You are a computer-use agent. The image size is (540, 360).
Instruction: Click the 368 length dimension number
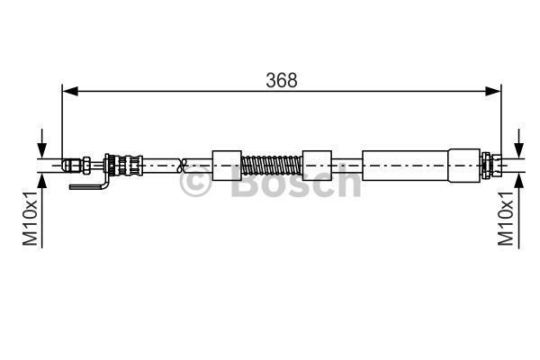[281, 79]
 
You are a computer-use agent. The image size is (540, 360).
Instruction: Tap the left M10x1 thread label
[30, 218]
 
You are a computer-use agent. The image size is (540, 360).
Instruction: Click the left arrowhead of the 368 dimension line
[68, 91]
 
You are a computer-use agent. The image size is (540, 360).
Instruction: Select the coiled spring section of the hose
[273, 165]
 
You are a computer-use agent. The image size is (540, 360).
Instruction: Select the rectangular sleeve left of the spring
[227, 165]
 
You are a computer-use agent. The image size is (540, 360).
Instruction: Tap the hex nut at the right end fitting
[489, 165]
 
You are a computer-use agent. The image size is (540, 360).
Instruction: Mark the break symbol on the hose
[184, 165]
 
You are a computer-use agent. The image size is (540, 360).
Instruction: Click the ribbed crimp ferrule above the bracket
[124, 165]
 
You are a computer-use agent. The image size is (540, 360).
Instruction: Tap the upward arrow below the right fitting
[517, 180]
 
